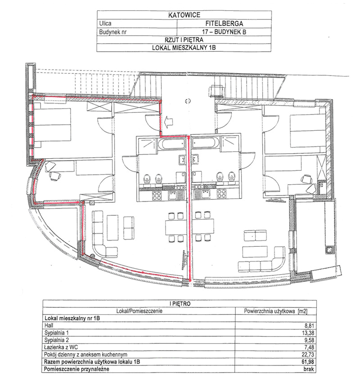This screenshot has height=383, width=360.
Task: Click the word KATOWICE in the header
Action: tap(184, 15)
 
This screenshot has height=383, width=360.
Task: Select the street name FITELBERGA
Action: tap(224, 23)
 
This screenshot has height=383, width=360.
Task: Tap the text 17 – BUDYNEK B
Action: tap(224, 32)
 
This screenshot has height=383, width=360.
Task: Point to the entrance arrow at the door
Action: tap(169, 121)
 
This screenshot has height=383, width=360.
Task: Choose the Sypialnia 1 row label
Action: tap(57, 333)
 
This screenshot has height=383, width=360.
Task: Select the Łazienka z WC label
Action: tap(61, 347)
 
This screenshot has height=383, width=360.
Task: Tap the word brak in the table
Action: tap(309, 369)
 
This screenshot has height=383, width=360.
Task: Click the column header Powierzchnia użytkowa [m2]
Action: tap(275, 311)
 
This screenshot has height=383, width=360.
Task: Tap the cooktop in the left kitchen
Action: tap(157, 195)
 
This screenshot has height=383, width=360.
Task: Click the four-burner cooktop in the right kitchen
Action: tap(221, 195)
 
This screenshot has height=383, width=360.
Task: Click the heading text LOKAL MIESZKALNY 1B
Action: tap(184, 48)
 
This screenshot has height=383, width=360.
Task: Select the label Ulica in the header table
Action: tap(105, 23)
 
